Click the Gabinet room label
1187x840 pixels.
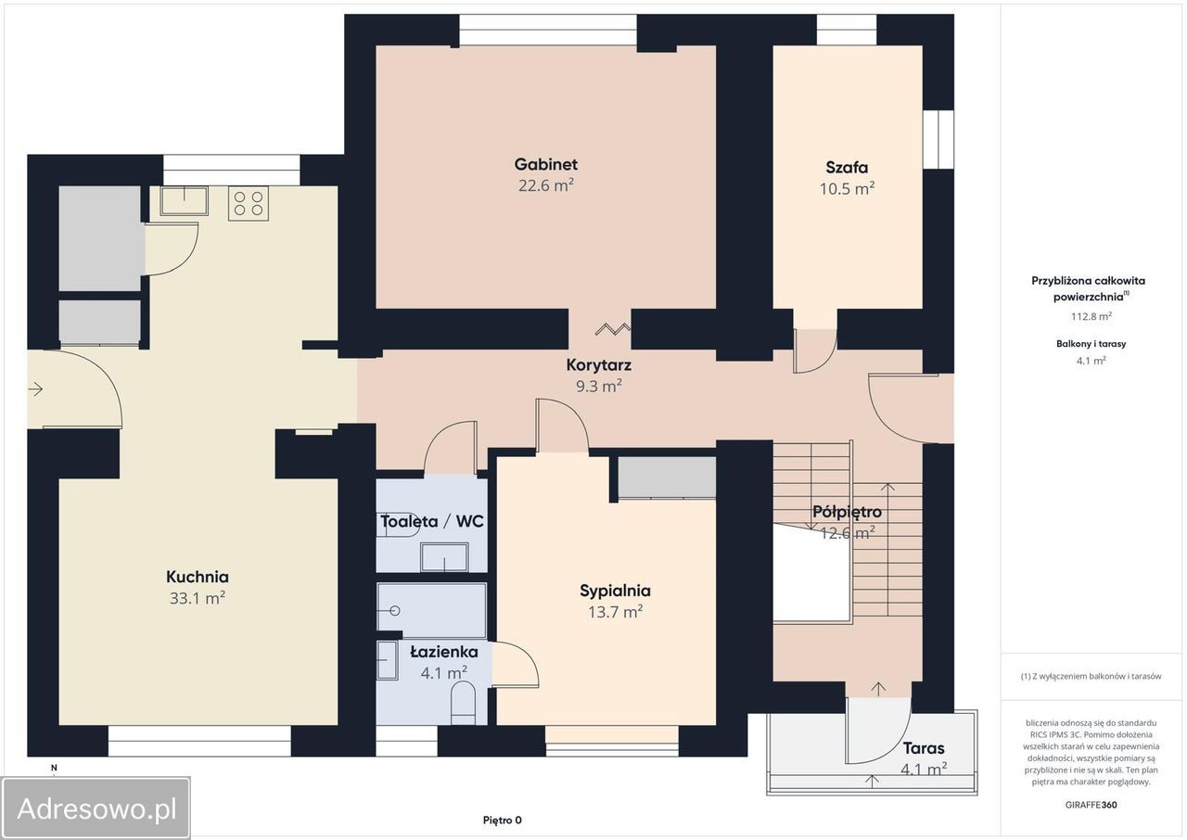[546, 164]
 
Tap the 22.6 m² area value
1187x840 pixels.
[546, 185]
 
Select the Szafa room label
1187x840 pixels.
[847, 168]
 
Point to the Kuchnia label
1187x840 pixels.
[198, 577]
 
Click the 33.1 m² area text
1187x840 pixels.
[198, 598]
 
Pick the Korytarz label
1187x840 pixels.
[599, 365]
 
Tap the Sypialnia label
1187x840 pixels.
[615, 591]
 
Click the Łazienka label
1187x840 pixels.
[444, 652]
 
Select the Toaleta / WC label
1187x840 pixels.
[432, 522]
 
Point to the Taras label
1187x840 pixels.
[924, 748]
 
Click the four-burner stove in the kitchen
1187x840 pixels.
[249, 203]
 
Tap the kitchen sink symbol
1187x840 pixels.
[184, 201]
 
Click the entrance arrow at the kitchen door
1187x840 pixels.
[35, 389]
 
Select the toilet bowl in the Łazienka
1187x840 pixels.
[463, 702]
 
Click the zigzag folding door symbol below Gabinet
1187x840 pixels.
[613, 329]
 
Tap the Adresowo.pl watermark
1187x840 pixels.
[96, 808]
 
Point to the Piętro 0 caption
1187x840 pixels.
[503, 821]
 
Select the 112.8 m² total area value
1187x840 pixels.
[1091, 316]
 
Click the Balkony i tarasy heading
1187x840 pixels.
[1091, 344]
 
